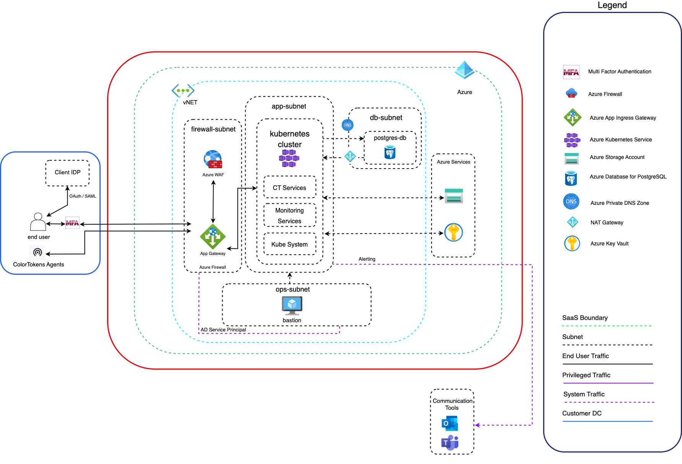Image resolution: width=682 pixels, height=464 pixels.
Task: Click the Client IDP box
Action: point(67,173)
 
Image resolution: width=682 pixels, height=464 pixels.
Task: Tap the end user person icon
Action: point(38,222)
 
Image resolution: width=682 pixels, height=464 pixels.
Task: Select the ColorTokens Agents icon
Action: point(37,252)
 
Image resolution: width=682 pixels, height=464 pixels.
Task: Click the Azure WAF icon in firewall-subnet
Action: point(213,160)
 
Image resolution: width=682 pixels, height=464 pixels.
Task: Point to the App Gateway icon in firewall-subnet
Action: point(213,237)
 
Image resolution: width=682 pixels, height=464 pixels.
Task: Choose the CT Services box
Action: point(290,188)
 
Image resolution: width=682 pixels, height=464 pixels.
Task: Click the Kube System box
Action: point(290,244)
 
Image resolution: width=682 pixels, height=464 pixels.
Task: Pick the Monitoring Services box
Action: point(290,216)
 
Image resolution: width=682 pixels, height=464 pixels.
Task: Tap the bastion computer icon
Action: point(292,305)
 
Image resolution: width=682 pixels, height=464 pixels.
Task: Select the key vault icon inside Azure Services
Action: point(454,232)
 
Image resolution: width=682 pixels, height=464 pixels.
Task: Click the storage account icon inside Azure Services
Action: point(454,196)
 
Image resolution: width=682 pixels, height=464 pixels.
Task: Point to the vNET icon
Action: point(183,91)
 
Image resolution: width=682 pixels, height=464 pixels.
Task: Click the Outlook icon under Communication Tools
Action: point(450,423)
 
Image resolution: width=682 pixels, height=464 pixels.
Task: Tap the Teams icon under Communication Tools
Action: point(450,443)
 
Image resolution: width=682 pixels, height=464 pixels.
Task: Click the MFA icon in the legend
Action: point(571,72)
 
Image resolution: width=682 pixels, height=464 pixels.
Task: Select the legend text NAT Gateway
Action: point(607,222)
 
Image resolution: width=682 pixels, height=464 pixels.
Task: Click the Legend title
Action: point(612,5)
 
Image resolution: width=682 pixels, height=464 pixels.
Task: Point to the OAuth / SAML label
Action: point(83,196)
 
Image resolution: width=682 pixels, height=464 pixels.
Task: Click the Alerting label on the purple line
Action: point(367,259)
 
